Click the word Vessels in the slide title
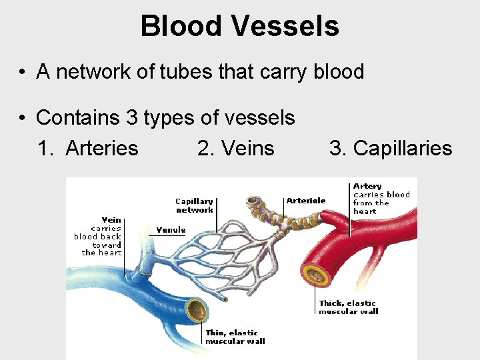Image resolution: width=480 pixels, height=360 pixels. click(x=285, y=27)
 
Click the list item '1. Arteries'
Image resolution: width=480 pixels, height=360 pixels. click(x=88, y=148)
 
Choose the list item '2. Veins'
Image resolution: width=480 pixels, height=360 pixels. click(x=236, y=148)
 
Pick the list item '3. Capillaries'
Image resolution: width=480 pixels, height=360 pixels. click(x=391, y=148)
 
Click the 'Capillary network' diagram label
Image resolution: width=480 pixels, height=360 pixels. click(x=194, y=205)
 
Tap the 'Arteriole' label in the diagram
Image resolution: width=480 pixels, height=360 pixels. click(x=306, y=200)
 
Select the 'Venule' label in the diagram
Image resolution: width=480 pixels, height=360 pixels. click(x=171, y=230)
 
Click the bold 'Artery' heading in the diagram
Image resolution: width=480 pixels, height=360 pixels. click(x=367, y=186)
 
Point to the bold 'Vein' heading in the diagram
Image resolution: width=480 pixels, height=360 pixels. click(x=111, y=220)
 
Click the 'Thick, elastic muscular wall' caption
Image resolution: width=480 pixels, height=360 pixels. click(x=347, y=307)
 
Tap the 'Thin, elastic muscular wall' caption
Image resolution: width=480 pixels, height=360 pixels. click(x=235, y=337)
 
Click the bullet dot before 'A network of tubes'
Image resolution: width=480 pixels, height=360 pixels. click(x=23, y=73)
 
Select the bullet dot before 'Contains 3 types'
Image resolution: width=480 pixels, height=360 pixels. click(x=23, y=119)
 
